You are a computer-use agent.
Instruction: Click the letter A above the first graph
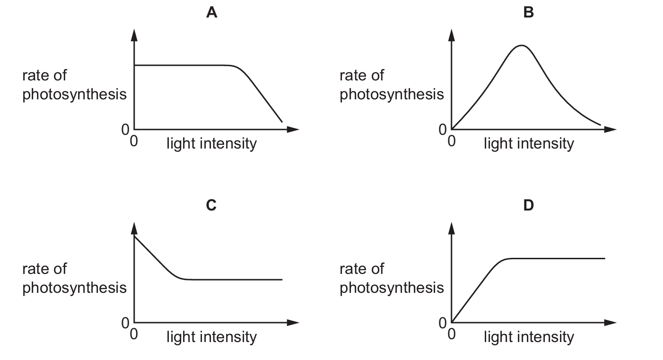pos(212,13)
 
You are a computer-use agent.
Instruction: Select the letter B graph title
pos(528,13)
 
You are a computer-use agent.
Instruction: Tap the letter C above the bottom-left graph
pos(211,205)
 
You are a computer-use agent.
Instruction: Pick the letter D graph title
pos(528,205)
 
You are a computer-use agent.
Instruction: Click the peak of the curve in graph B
pos(522,45)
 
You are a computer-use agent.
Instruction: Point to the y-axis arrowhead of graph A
pos(134,35)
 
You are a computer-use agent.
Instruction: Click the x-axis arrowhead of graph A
pos(293,129)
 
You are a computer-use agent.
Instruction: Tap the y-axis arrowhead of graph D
pos(451,228)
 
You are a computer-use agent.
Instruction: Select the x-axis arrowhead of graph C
pos(293,323)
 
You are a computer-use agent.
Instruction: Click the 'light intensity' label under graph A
pos(212,144)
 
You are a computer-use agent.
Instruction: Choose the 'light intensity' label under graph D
pos(529,337)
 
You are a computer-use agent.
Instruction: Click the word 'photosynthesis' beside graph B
pos(392,95)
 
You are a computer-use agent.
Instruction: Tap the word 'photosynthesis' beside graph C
pos(74,288)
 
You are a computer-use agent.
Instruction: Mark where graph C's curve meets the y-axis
pos(134,236)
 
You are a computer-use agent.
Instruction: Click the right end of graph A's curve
pos(282,122)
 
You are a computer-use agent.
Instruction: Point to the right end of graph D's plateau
pos(605,258)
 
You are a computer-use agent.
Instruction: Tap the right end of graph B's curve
pos(601,125)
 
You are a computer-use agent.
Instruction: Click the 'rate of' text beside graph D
pos(362,269)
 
